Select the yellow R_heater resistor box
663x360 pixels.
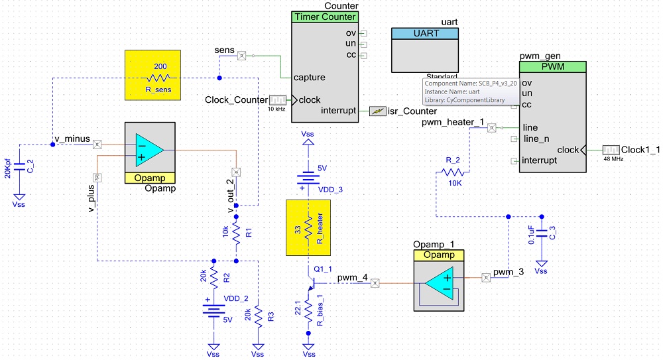tap(308, 227)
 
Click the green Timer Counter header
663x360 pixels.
tap(324, 17)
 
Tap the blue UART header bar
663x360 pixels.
tap(426, 33)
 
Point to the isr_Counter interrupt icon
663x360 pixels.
tap(377, 111)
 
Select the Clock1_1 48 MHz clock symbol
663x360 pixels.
tap(611, 150)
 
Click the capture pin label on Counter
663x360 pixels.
tap(309, 77)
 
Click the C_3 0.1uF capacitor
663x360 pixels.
tap(542, 233)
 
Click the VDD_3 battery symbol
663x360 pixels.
tap(308, 179)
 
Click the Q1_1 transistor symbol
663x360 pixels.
tap(311, 283)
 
